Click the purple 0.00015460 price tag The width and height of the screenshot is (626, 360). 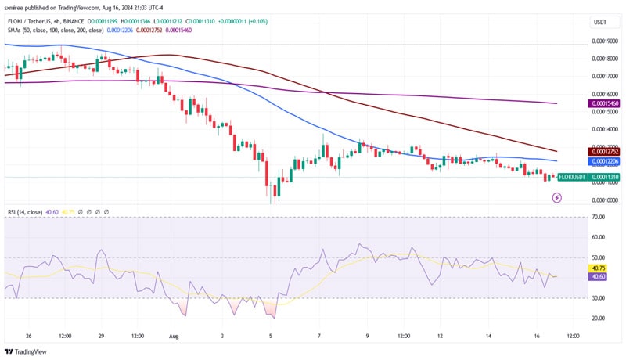pyautogui.click(x=605, y=103)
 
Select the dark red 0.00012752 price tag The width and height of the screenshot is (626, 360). pyautogui.click(x=605, y=151)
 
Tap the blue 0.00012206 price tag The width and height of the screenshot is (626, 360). pyautogui.click(x=605, y=160)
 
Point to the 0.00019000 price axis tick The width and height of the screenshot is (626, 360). pyautogui.click(x=605, y=40)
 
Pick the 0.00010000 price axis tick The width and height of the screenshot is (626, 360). pyautogui.click(x=605, y=198)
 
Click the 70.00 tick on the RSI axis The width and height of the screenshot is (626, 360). pyautogui.click(x=599, y=217)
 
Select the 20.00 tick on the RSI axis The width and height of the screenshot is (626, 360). pyautogui.click(x=599, y=318)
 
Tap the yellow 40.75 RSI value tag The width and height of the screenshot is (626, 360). pyautogui.click(x=599, y=268)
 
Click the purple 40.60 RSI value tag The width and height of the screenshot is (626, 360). pyautogui.click(x=599, y=276)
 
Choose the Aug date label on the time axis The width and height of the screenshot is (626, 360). pyautogui.click(x=174, y=336)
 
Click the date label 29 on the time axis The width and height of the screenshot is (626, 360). pyautogui.click(x=101, y=336)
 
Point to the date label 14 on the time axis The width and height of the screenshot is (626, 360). pyautogui.click(x=488, y=336)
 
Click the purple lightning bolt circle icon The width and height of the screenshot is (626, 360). pyautogui.click(x=556, y=198)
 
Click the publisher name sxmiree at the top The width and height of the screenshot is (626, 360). pyautogui.click(x=19, y=6)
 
